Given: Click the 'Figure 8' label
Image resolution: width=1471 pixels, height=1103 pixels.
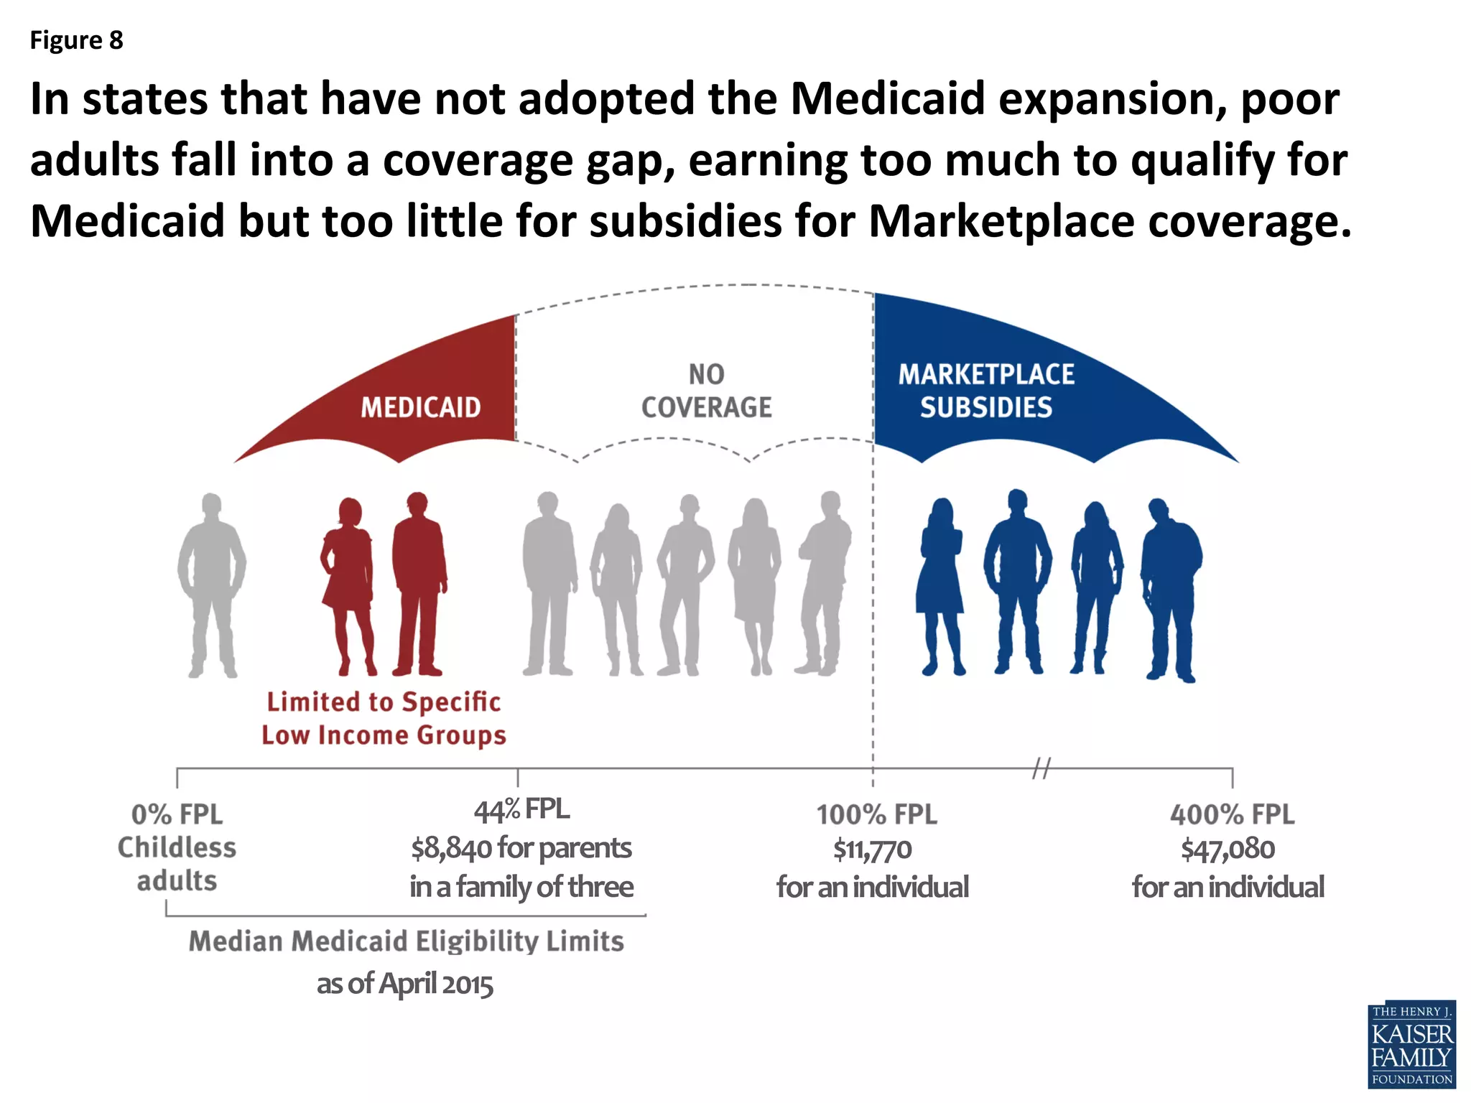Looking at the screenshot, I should (x=76, y=40).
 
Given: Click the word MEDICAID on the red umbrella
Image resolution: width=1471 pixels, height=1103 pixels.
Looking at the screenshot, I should (x=420, y=408).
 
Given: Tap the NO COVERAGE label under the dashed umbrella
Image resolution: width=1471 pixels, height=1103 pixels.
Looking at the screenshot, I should (x=706, y=391).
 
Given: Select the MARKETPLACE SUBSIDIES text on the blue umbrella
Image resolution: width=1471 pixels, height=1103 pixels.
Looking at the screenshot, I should (x=985, y=391).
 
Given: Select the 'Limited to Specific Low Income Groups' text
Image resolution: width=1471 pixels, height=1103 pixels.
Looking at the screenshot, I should (x=384, y=718).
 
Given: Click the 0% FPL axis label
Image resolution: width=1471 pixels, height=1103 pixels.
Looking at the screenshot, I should (x=177, y=815).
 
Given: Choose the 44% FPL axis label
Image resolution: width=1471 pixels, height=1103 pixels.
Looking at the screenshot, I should (x=521, y=810).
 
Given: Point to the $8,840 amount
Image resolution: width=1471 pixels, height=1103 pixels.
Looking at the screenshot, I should (x=453, y=849).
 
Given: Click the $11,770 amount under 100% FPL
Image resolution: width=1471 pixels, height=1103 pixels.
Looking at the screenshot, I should (x=872, y=850).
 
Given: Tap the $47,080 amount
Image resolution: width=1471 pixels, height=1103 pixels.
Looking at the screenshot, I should (x=1228, y=850).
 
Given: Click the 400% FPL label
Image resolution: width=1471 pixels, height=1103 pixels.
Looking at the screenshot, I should (x=1232, y=815).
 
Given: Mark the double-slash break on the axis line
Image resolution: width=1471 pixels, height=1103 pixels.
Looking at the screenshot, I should (x=1041, y=768).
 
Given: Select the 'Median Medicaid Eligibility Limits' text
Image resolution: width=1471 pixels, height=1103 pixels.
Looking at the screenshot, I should (x=406, y=941).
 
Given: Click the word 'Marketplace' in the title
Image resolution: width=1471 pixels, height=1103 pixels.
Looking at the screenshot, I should (x=1000, y=221).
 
